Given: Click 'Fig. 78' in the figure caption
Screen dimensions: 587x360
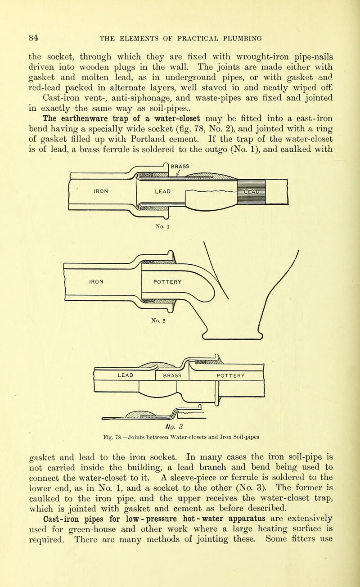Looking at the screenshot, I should pyautogui.click(x=112, y=436).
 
